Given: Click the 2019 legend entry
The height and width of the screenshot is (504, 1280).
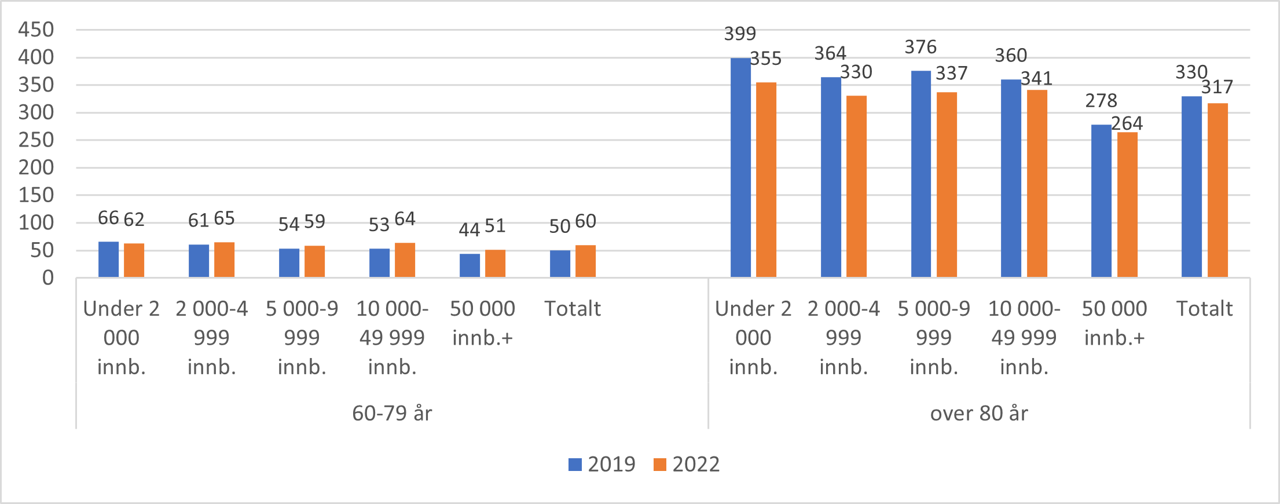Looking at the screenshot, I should [x=602, y=465].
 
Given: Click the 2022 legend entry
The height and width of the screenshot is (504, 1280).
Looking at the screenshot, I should [x=687, y=465].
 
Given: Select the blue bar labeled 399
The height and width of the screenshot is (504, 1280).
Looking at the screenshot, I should [x=740, y=168].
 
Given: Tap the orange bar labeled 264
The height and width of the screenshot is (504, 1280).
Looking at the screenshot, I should [x=1127, y=205].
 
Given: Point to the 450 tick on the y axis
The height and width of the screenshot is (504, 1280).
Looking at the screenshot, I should [x=36, y=30].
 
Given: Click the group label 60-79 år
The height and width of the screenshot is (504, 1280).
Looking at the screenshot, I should [x=392, y=414].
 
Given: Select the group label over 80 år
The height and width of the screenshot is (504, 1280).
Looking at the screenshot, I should [x=979, y=414].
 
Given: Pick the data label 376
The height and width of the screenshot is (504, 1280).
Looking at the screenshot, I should [x=920, y=47].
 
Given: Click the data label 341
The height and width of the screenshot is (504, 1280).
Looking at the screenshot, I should [x=1036, y=78].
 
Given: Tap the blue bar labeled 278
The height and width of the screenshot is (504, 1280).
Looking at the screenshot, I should [x=1101, y=201].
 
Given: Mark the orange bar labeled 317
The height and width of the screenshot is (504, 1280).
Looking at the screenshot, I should [x=1217, y=191].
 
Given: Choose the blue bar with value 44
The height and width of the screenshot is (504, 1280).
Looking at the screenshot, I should [x=470, y=266].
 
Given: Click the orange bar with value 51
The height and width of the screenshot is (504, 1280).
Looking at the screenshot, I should [x=495, y=264].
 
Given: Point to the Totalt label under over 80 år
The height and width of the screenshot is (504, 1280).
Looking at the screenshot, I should [x=1204, y=309].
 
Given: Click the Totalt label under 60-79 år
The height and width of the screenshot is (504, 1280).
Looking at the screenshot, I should [x=573, y=309].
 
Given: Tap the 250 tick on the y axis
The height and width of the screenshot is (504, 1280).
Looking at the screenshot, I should [x=36, y=140].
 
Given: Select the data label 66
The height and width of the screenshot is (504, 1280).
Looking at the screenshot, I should [x=108, y=218].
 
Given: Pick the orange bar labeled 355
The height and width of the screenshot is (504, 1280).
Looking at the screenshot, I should [x=766, y=180].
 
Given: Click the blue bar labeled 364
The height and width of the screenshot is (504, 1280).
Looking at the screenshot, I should [x=831, y=177].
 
